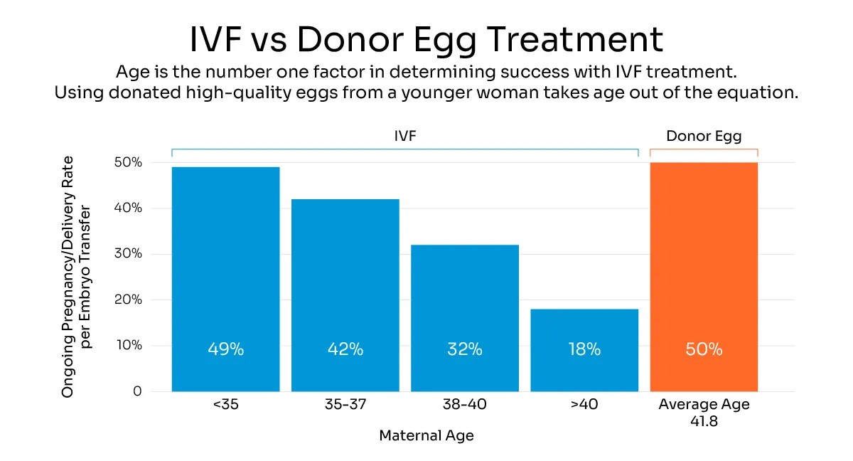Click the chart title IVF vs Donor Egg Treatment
click(x=426, y=39)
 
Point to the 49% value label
click(x=225, y=349)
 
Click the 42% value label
click(x=345, y=349)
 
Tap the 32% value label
click(x=465, y=349)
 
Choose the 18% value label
click(x=584, y=349)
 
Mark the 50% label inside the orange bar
click(x=704, y=349)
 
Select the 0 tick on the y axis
click(x=137, y=392)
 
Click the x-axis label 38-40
click(x=465, y=406)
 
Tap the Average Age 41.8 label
click(x=704, y=412)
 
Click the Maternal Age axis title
click(x=426, y=435)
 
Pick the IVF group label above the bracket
click(x=404, y=137)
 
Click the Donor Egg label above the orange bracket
click(x=704, y=137)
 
